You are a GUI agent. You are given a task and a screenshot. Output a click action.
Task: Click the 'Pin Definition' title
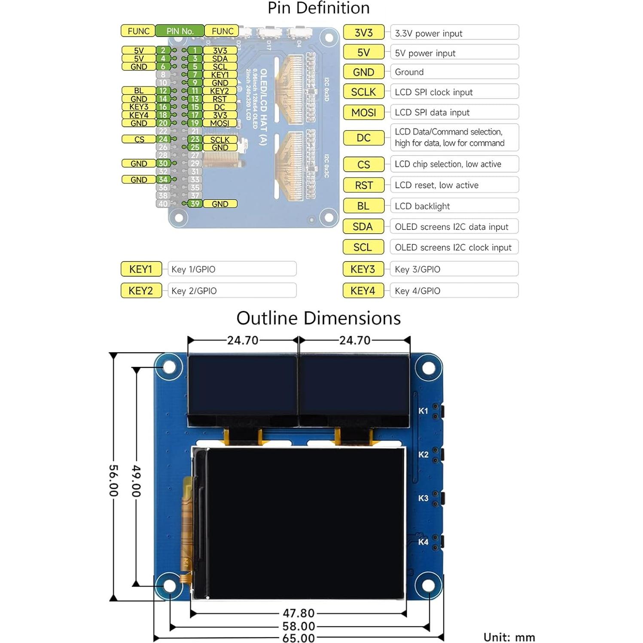pyautogui.click(x=318, y=9)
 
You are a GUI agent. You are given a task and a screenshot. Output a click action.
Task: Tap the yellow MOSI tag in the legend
pyautogui.click(x=363, y=113)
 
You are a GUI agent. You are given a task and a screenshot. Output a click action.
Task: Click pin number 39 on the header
pyautogui.click(x=195, y=204)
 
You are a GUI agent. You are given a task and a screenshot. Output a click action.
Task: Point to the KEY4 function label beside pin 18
pyautogui.click(x=139, y=115)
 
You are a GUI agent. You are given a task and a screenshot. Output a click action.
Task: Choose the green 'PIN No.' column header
pyautogui.click(x=180, y=31)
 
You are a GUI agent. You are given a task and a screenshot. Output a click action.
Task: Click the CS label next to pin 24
pyautogui.click(x=139, y=140)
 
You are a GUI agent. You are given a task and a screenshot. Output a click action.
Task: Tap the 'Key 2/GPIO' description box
pyautogui.click(x=232, y=291)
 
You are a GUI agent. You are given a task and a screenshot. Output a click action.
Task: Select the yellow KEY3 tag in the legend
pyautogui.click(x=363, y=269)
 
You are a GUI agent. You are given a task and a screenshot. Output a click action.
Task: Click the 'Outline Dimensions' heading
pyautogui.click(x=318, y=318)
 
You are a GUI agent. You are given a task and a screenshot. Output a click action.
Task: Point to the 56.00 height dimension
pyautogui.click(x=113, y=480)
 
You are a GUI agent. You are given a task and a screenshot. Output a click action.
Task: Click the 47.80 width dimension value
pyautogui.click(x=299, y=613)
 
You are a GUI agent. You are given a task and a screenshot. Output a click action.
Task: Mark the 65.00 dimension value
pyautogui.click(x=299, y=638)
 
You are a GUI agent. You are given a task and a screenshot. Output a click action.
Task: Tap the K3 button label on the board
pyautogui.click(x=423, y=498)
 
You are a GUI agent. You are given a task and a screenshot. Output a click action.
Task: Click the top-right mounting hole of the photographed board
pyautogui.click(x=428, y=368)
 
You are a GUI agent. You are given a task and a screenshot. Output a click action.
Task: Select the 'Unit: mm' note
pyautogui.click(x=509, y=637)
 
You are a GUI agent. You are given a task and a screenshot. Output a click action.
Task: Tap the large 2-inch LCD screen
pyautogui.click(x=305, y=522)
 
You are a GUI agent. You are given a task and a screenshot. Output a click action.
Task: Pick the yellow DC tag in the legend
pyautogui.click(x=363, y=138)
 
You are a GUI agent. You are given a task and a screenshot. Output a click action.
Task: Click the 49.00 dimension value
pyautogui.click(x=136, y=480)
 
